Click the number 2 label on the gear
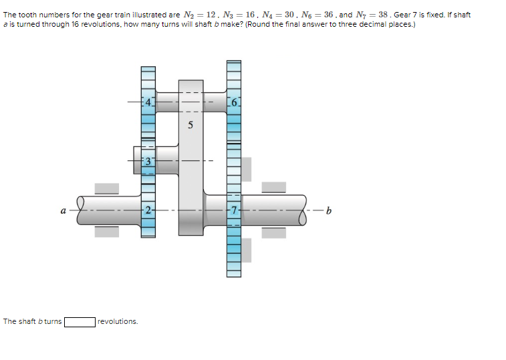pos(148,210)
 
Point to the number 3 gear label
pos(148,161)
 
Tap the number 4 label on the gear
pos(148,103)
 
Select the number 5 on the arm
pos(191,125)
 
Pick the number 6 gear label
pos(233,103)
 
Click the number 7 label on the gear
pos(233,210)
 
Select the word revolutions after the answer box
pos(118,322)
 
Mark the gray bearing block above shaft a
pos(106,188)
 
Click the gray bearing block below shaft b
pos(273,232)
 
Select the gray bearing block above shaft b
pos(273,188)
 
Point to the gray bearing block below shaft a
pos(106,232)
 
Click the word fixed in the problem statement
pos(428,15)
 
